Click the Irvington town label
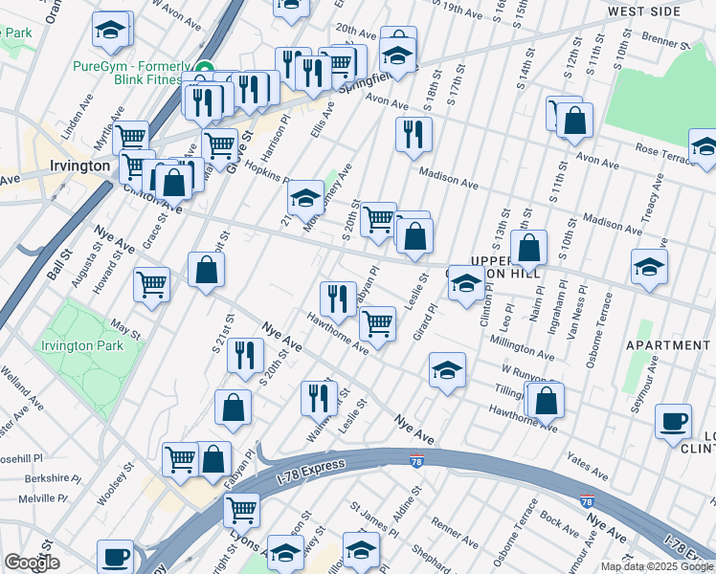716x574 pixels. (x=80, y=166)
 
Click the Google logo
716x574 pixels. (x=32, y=563)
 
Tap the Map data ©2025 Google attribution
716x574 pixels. (x=658, y=566)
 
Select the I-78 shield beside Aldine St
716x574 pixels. (x=416, y=461)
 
